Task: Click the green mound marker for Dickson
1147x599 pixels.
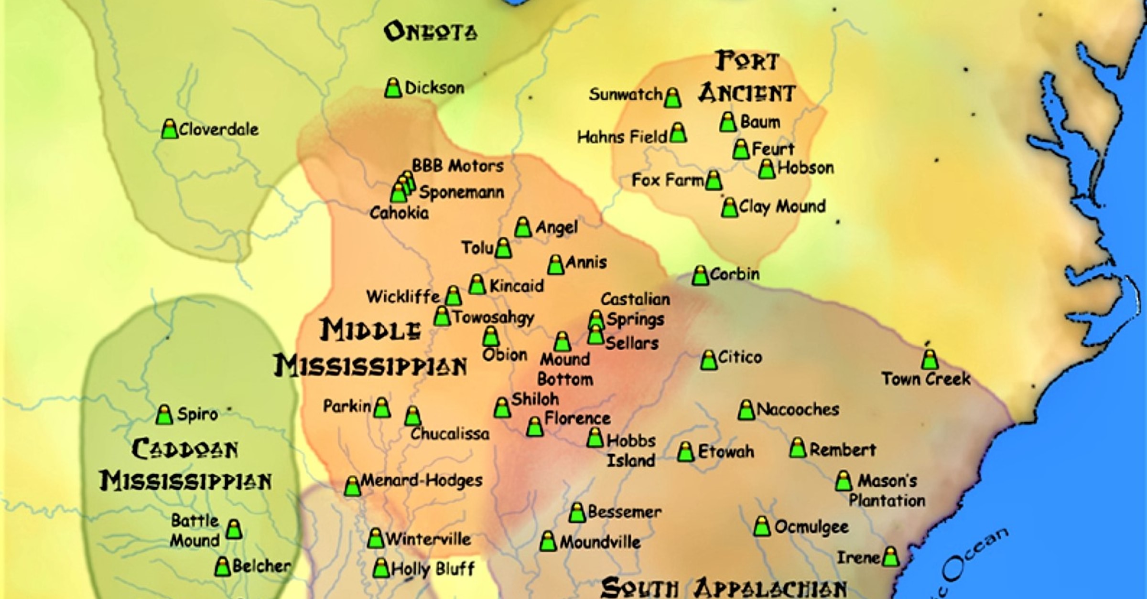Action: pyautogui.click(x=393, y=88)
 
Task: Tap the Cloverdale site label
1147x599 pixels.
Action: pyautogui.click(x=218, y=129)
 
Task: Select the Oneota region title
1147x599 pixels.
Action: pyautogui.click(x=430, y=32)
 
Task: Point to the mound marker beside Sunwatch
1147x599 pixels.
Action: pyautogui.click(x=672, y=98)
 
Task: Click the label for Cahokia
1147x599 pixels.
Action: pyautogui.click(x=399, y=213)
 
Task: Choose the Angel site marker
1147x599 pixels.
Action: pyautogui.click(x=523, y=228)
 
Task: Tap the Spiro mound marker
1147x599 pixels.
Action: pyautogui.click(x=164, y=415)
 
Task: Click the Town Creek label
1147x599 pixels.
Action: pyautogui.click(x=926, y=379)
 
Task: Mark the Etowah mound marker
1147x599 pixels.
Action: pyautogui.click(x=685, y=452)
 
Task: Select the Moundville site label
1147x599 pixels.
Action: pyautogui.click(x=600, y=542)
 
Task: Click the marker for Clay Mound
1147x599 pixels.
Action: pyautogui.click(x=729, y=208)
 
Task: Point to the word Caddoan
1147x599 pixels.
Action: pyautogui.click(x=184, y=449)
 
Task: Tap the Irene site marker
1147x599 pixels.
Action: pyautogui.click(x=890, y=557)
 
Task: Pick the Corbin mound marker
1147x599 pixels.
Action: pyautogui.click(x=700, y=276)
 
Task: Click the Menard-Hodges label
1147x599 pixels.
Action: pyautogui.click(x=421, y=480)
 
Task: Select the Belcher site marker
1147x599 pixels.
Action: pyautogui.click(x=222, y=567)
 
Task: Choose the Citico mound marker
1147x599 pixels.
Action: pyautogui.click(x=709, y=360)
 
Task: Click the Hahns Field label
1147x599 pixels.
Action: pyautogui.click(x=622, y=137)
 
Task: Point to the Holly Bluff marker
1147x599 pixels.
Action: pyautogui.click(x=381, y=568)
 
